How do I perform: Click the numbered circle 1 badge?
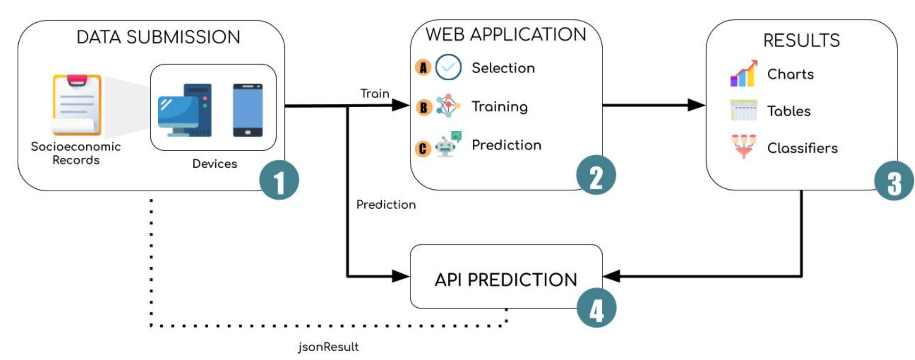(x=279, y=180)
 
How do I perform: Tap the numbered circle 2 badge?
(x=596, y=175)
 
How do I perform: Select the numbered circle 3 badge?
(x=894, y=181)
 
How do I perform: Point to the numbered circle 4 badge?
(x=596, y=308)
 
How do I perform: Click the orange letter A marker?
(x=423, y=68)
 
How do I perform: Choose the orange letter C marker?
(x=423, y=149)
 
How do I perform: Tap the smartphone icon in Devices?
(x=247, y=110)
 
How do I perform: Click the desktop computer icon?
(x=185, y=110)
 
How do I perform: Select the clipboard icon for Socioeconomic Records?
(x=76, y=105)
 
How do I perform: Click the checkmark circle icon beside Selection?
(x=448, y=67)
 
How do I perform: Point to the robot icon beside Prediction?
(x=448, y=144)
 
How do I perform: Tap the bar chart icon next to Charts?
(x=743, y=74)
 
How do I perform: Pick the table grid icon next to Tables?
(x=743, y=110)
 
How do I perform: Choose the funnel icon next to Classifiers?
(x=743, y=146)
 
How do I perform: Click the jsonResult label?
(x=329, y=347)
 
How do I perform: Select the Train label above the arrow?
(x=375, y=94)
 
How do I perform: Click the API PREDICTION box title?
(x=506, y=280)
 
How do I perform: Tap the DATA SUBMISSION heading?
(x=158, y=37)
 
